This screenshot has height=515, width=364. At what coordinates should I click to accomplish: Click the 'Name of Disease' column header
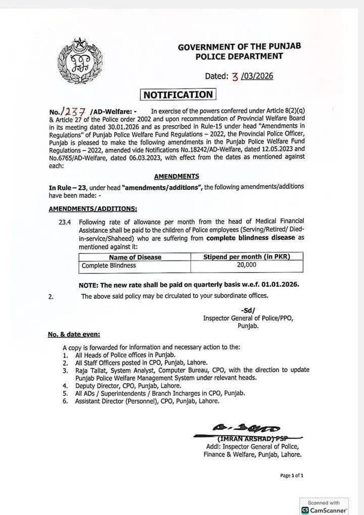click(x=135, y=257)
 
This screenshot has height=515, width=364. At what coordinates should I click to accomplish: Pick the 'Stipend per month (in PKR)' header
click(x=246, y=257)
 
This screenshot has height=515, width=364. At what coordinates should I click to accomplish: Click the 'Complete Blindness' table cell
click(x=109, y=265)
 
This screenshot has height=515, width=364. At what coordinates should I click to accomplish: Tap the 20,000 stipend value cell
click(x=246, y=265)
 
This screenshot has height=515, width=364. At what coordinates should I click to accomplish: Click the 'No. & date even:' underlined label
click(x=74, y=334)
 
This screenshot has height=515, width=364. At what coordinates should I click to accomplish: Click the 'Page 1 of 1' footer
click(x=292, y=475)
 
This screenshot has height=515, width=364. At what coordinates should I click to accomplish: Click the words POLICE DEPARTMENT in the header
click(x=239, y=57)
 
